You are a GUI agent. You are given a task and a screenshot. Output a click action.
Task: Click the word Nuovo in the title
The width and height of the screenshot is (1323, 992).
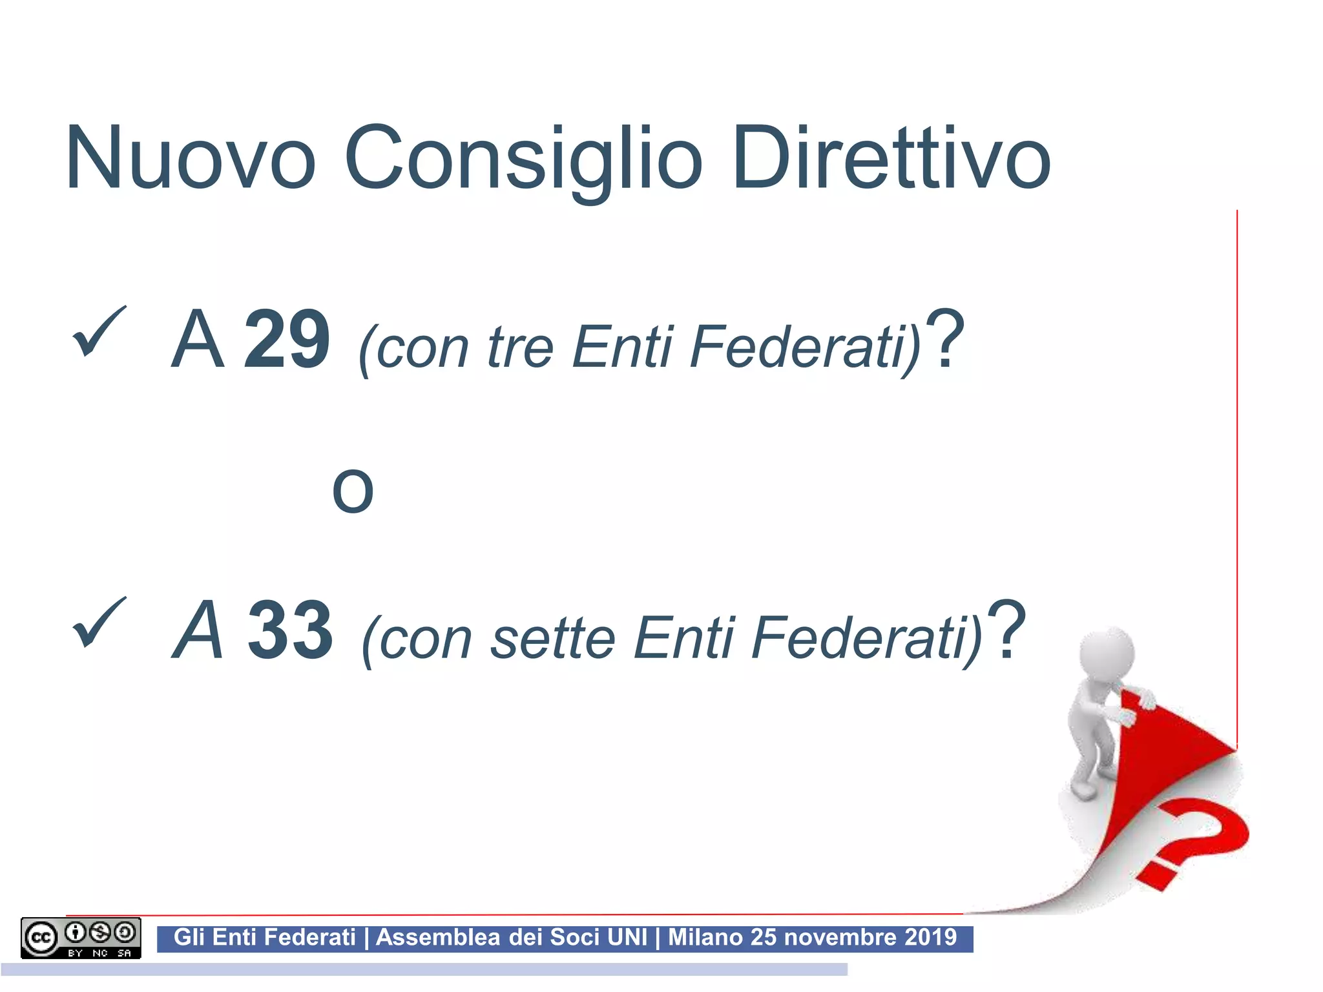[x=191, y=158]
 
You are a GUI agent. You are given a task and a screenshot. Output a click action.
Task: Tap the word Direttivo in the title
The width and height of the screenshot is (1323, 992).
[x=891, y=158]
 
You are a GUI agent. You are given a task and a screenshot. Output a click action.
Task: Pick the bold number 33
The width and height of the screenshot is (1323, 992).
[x=291, y=630]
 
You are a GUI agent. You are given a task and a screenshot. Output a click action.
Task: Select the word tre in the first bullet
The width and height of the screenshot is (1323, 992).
[x=520, y=347]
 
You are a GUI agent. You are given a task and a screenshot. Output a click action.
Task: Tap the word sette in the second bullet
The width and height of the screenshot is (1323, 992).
[x=552, y=638]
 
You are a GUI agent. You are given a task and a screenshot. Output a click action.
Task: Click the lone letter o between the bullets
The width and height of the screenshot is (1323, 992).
[x=353, y=491]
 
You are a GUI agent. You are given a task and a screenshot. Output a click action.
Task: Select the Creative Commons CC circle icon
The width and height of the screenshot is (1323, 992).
[x=41, y=937]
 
